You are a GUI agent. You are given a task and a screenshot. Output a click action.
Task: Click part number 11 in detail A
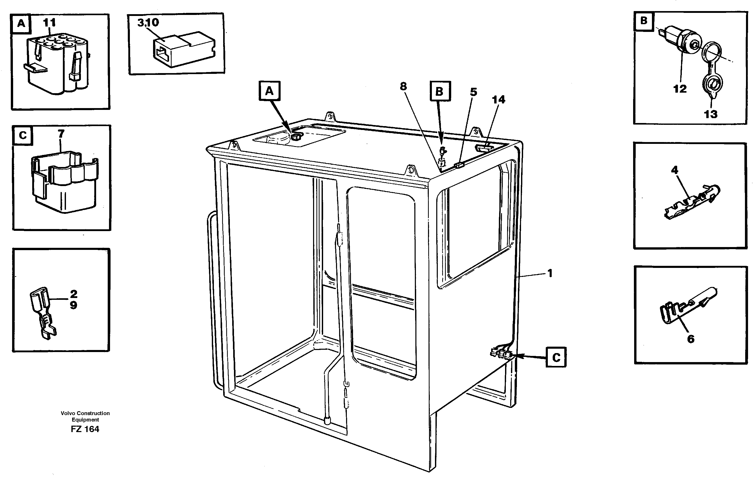(x=49, y=23)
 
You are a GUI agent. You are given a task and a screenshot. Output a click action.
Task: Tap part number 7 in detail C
(x=61, y=134)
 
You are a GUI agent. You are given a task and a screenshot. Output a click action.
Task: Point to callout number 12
(x=680, y=89)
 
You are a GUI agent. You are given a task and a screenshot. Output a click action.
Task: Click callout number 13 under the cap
(x=711, y=114)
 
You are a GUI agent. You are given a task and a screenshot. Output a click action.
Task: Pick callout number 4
(x=674, y=170)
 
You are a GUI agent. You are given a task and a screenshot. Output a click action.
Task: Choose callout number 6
(x=691, y=339)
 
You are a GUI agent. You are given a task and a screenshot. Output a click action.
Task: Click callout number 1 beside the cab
(x=550, y=273)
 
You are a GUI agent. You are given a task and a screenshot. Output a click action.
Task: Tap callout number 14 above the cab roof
(x=499, y=100)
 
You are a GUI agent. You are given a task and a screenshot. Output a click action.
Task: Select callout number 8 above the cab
(x=403, y=86)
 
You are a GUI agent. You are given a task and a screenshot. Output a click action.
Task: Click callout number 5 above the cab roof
(x=473, y=92)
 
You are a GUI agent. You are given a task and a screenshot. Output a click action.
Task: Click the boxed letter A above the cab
(x=269, y=91)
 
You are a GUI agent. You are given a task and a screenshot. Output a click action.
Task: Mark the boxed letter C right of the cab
(x=556, y=357)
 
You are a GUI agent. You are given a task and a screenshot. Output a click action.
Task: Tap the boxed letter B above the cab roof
(x=440, y=91)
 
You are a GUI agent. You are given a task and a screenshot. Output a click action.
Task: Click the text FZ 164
(x=85, y=429)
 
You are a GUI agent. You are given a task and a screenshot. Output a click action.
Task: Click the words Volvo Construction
(x=85, y=413)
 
